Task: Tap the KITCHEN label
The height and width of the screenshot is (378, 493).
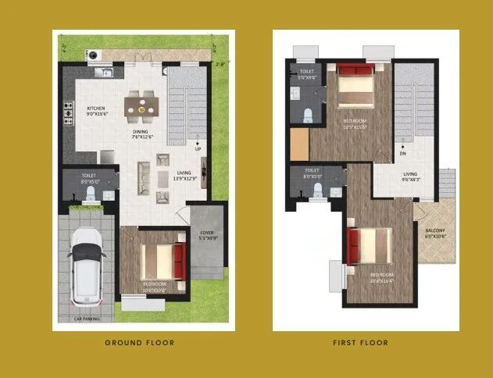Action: point(96,109)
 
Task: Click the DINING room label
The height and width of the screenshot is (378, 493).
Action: point(141,132)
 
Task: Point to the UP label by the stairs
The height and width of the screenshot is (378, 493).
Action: point(198,149)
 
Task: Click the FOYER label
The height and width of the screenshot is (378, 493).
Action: point(206,233)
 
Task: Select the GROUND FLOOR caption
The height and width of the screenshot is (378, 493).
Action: point(139,342)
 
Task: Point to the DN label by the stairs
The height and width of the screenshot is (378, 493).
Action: point(402,142)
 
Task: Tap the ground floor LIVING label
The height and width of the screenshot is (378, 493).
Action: point(184,173)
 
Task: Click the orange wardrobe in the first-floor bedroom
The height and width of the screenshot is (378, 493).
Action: point(299,144)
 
